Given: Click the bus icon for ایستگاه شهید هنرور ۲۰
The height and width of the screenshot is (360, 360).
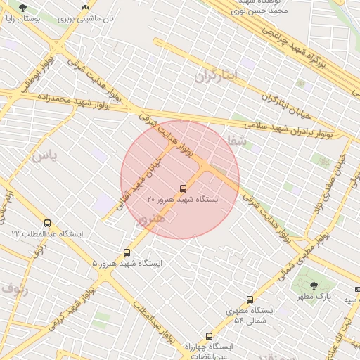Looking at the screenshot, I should tap(184, 188).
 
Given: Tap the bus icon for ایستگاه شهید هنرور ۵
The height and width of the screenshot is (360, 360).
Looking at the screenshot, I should tap(127, 252).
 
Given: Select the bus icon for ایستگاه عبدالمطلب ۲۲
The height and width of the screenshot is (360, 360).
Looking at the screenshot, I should tap(47, 223).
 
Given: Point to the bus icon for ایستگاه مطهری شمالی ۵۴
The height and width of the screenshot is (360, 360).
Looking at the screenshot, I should tap(250, 300).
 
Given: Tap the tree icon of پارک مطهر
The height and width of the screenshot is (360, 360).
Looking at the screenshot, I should tap(314, 285).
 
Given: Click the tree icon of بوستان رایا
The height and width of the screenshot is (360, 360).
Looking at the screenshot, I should tap(22, 8).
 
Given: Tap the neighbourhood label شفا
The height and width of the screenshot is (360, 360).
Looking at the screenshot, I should tap(235, 141).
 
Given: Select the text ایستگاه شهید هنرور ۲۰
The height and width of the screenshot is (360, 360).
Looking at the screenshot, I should tap(184, 200).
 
